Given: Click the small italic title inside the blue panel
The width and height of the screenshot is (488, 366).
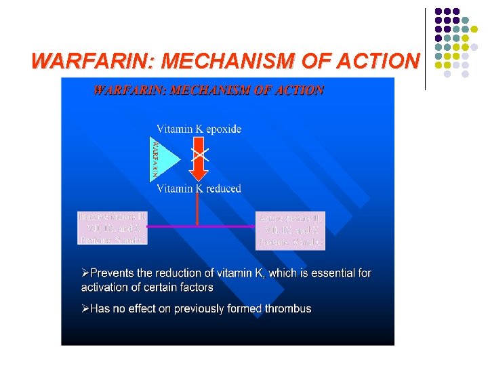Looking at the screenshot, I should (x=208, y=90).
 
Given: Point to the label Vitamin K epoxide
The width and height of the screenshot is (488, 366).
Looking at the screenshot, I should (x=199, y=129).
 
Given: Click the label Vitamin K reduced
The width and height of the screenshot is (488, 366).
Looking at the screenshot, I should (x=199, y=188).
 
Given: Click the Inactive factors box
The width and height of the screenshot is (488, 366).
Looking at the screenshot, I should (x=113, y=228).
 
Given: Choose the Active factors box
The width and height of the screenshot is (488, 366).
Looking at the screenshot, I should (x=291, y=229).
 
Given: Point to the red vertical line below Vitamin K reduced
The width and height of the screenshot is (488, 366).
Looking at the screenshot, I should (x=197, y=210).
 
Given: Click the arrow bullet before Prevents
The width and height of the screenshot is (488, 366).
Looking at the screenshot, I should (x=85, y=273).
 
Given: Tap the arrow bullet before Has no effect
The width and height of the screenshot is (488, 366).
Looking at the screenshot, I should (x=85, y=309).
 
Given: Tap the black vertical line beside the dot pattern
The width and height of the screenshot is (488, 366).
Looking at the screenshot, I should (x=426, y=49).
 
